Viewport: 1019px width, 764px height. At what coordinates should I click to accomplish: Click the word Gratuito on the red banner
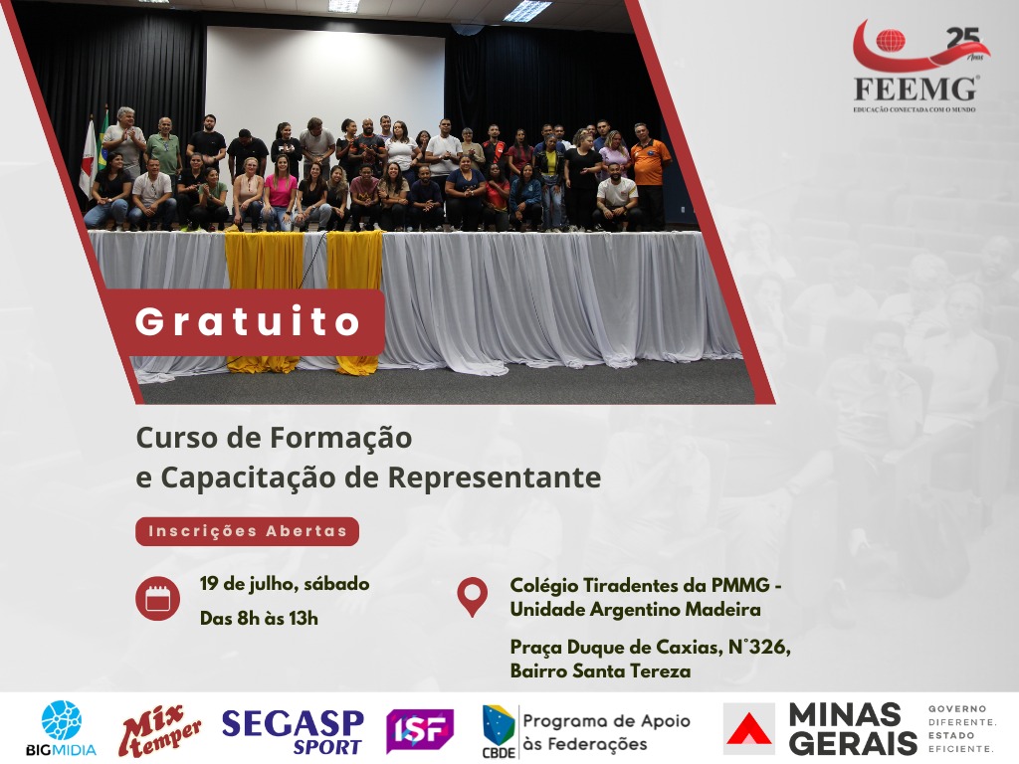point(248,321)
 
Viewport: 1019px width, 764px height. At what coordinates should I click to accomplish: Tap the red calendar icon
point(158,598)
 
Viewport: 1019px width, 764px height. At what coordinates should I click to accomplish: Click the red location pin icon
point(473,597)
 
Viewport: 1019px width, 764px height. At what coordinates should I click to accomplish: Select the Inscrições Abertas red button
point(247,531)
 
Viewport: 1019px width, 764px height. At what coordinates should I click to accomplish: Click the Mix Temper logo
point(160,730)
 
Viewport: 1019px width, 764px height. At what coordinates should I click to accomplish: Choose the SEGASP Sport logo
point(293,731)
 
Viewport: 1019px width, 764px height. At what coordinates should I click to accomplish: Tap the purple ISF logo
point(420,731)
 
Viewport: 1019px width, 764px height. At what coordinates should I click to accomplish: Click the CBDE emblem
point(500,731)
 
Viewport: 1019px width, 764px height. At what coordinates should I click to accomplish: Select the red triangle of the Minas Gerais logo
point(748,730)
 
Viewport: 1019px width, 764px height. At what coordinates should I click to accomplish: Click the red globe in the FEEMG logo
point(891,40)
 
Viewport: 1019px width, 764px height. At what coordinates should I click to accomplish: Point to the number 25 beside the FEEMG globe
point(962,39)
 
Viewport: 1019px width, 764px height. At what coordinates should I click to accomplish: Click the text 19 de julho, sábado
point(285,583)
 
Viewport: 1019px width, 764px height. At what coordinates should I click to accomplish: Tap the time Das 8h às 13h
point(259,618)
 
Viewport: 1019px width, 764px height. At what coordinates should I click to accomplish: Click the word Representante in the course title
point(495,477)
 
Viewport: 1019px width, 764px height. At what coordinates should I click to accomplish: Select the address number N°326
point(759,647)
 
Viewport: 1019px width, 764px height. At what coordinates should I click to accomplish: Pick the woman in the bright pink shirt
point(280,192)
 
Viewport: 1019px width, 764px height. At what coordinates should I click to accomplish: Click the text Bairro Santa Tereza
point(600,670)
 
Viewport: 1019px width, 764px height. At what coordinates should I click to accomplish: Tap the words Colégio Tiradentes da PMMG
point(640,585)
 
